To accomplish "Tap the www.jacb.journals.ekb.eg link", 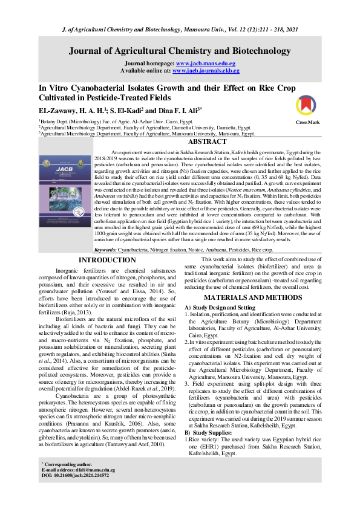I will pyautogui.click(x=206, y=70).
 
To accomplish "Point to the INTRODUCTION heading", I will pyautogui.click(x=99, y=260).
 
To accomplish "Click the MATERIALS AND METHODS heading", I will pyautogui.click(x=253, y=298).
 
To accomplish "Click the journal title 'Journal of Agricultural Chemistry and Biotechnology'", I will pyautogui.click(x=180, y=51).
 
